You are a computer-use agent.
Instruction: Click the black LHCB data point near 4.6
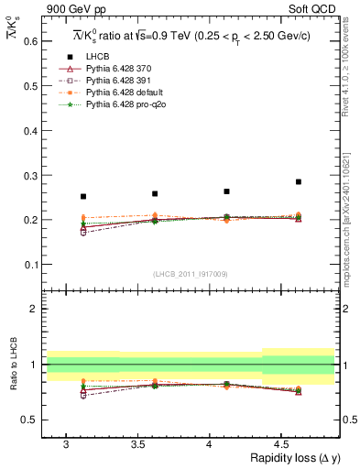[x=299, y=181]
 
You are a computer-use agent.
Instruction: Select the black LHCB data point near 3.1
[x=83, y=196]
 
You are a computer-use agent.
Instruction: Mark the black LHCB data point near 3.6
[x=155, y=193]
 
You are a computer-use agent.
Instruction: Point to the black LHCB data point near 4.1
[x=226, y=191]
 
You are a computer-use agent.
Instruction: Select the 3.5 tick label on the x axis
[x=137, y=444]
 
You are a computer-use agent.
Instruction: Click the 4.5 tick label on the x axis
[x=281, y=444]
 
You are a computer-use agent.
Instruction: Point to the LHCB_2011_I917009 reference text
[x=191, y=274]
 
